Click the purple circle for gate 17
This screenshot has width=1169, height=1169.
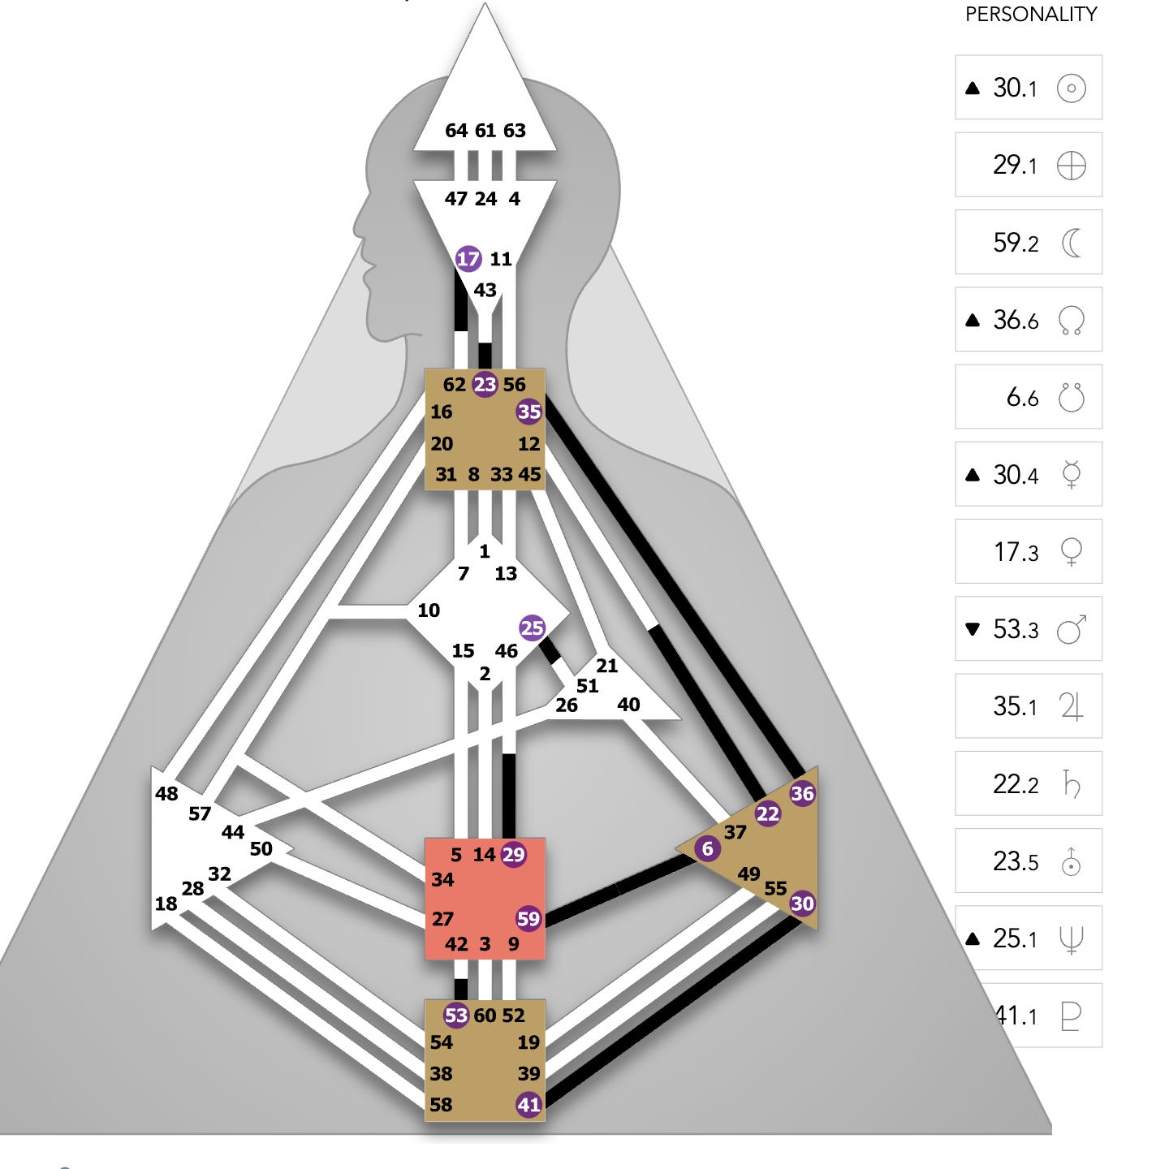pyautogui.click(x=468, y=259)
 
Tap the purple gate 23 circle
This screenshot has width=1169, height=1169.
pyautogui.click(x=485, y=384)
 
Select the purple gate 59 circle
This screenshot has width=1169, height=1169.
pyautogui.click(x=528, y=918)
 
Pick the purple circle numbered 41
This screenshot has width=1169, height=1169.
pyautogui.click(x=528, y=1104)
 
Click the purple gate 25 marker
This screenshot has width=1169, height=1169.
pyautogui.click(x=532, y=628)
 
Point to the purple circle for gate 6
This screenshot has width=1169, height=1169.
pyautogui.click(x=707, y=849)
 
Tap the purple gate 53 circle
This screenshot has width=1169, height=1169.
pyautogui.click(x=456, y=1015)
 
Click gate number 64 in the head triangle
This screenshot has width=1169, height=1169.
pyautogui.click(x=456, y=131)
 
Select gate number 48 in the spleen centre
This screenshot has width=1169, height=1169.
pyautogui.click(x=166, y=794)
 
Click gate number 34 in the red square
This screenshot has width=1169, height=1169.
pyautogui.click(x=442, y=879)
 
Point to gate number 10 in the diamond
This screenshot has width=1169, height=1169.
pyautogui.click(x=429, y=610)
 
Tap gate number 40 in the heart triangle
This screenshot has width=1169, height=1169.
pyautogui.click(x=628, y=705)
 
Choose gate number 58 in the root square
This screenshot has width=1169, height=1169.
pyautogui.click(x=441, y=1104)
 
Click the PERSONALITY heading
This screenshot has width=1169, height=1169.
pyautogui.click(x=1031, y=15)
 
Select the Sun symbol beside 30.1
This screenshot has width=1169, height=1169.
pyautogui.click(x=1071, y=88)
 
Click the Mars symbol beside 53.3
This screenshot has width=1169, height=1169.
pyautogui.click(x=1071, y=629)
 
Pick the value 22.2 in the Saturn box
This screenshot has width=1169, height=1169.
pyautogui.click(x=1016, y=784)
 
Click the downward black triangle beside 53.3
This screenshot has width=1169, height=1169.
pyautogui.click(x=973, y=629)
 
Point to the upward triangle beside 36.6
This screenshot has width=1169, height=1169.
pyautogui.click(x=973, y=320)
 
